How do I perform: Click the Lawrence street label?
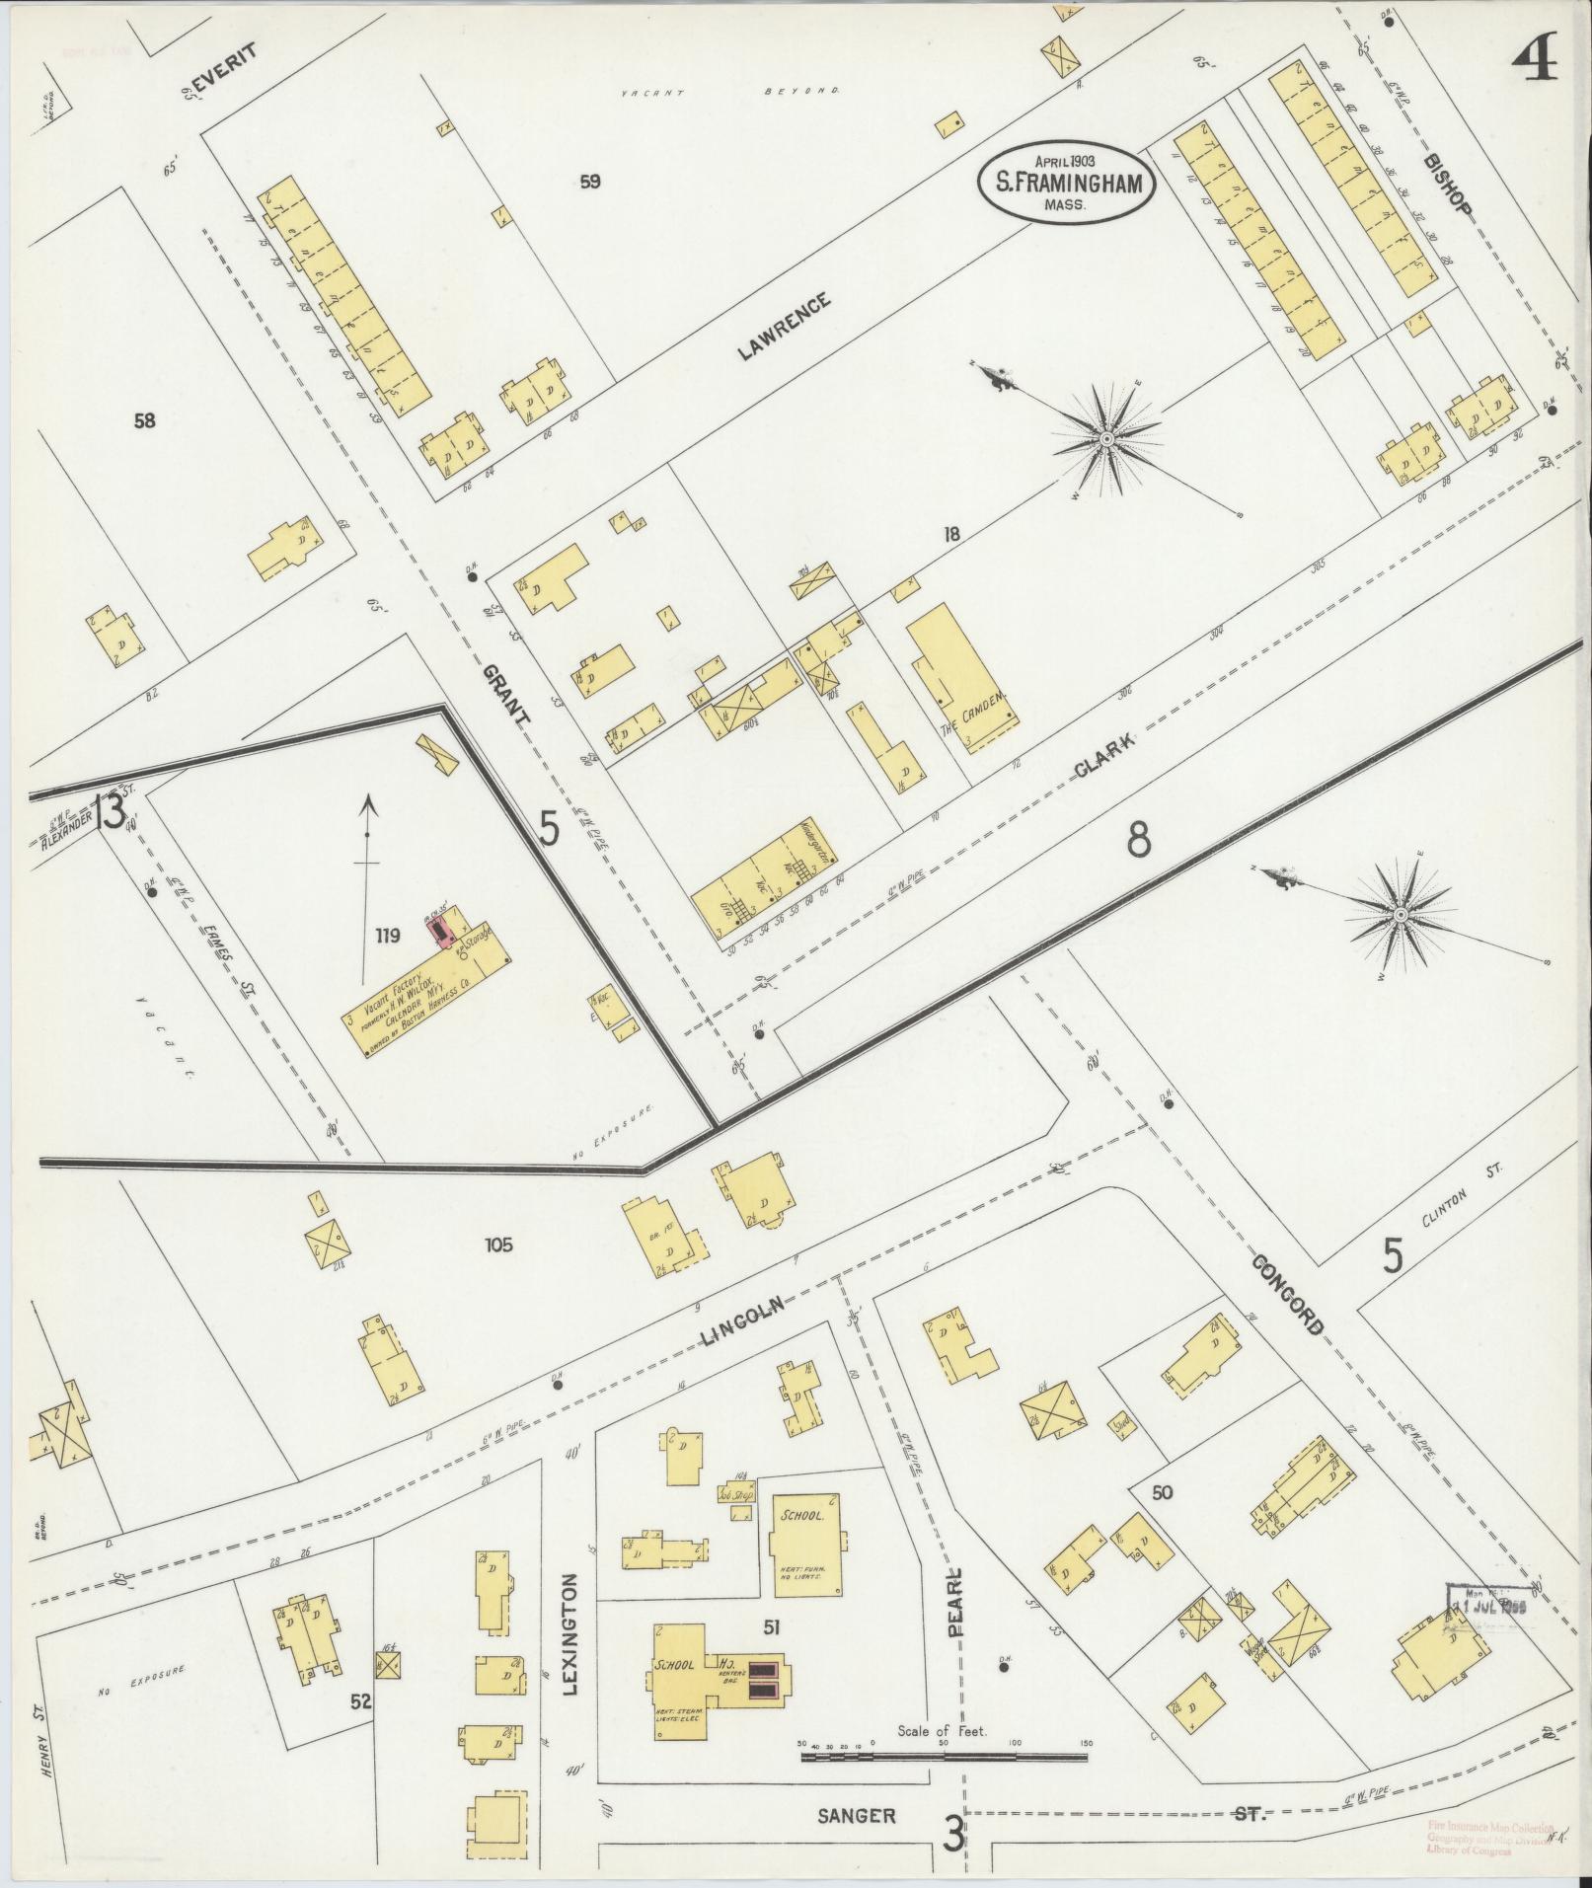pyautogui.click(x=786, y=326)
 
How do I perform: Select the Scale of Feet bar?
pyautogui.click(x=943, y=1757)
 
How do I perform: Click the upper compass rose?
pyautogui.click(x=1107, y=437)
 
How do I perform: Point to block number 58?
pyautogui.click(x=145, y=421)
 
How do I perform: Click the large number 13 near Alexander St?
pyautogui.click(x=111, y=811)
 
